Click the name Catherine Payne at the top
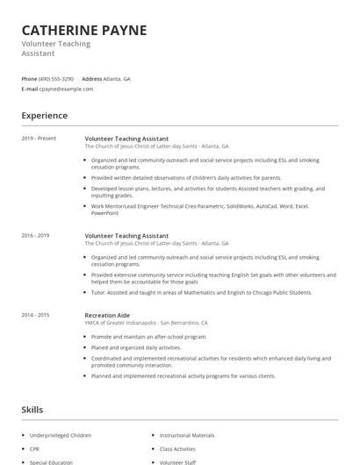pyautogui.click(x=84, y=30)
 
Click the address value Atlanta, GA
pyautogui.click(x=117, y=78)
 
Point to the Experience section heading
pyautogui.click(x=45, y=115)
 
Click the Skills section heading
pyautogui.click(x=32, y=410)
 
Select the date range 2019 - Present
pyautogui.click(x=39, y=138)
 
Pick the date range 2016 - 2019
pyautogui.click(x=35, y=235)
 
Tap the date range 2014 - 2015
pyautogui.click(x=35, y=314)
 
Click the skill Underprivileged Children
pyautogui.click(x=60, y=435)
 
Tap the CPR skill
pyautogui.click(x=35, y=448)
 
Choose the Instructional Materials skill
pyautogui.click(x=186, y=435)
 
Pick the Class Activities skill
pyautogui.click(x=177, y=448)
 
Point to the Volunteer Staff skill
pyautogui.click(x=177, y=461)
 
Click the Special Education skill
pyautogui.click(x=51, y=461)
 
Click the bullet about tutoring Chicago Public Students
pyautogui.click(x=202, y=292)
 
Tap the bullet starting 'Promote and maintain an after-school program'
pyautogui.click(x=149, y=336)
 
